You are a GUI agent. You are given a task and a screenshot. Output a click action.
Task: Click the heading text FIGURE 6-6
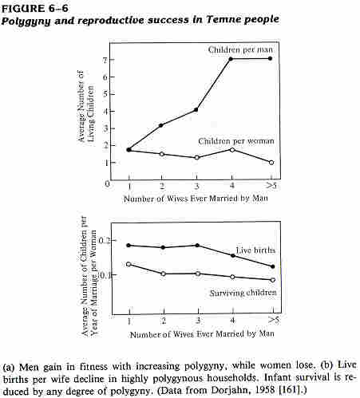point(35,9)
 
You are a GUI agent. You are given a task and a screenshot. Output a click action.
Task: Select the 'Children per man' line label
point(240,49)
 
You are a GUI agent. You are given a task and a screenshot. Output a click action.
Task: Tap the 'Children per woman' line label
point(236,141)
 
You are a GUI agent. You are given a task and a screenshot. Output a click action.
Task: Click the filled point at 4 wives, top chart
point(231,59)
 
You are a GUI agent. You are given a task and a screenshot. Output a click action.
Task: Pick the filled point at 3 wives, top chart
point(196,109)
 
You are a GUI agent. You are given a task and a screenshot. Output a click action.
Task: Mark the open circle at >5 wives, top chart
point(271,163)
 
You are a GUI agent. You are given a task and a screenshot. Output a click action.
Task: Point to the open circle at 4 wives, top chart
point(232,150)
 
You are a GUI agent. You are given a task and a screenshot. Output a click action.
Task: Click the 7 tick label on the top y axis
point(105,60)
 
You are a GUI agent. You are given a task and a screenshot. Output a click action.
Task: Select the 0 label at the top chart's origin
point(107,183)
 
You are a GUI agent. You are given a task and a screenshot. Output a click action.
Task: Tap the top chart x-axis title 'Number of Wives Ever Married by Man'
point(196,199)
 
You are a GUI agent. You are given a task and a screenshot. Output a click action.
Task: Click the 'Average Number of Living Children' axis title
point(85,106)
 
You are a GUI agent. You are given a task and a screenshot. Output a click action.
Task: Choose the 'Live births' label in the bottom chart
point(255,250)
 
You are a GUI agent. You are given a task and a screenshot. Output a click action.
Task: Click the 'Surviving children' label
point(243,293)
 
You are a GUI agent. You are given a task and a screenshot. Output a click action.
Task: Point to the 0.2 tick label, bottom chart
point(105,241)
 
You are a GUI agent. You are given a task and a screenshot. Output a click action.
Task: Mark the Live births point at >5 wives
point(273,266)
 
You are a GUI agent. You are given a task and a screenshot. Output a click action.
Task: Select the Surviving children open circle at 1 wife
point(129,264)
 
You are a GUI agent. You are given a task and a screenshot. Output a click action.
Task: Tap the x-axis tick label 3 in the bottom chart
point(198,321)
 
